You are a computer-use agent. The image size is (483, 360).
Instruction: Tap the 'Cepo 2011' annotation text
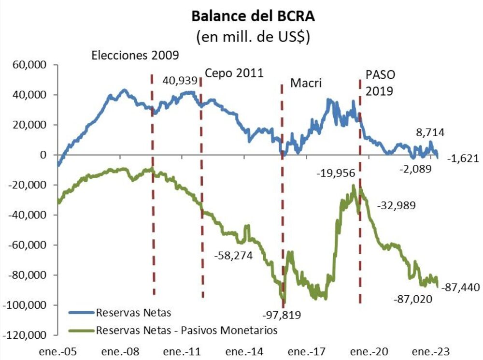tap(234, 73)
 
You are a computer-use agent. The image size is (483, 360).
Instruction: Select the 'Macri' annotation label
tap(306, 84)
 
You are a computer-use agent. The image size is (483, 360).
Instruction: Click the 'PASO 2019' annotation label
tap(379, 83)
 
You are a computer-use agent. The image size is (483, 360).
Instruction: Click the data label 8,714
tap(430, 132)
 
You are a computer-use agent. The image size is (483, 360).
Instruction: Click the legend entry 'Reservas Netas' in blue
tap(133, 313)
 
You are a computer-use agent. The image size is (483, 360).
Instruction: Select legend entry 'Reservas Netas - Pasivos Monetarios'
tap(186, 331)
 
